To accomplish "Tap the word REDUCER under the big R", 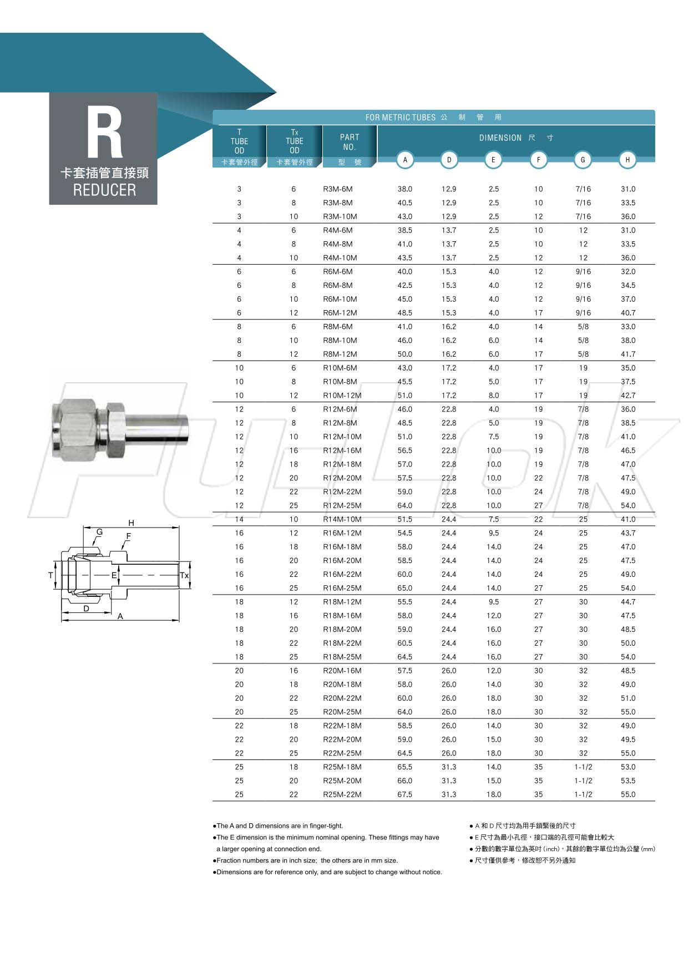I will coord(104,190).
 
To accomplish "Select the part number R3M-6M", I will coord(337,189).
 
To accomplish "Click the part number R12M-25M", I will coord(342,505).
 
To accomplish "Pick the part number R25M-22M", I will coord(342,794).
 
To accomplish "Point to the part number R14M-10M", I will coord(342,519).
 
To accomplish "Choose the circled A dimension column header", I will coord(405,160).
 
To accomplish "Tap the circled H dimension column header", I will coord(627,160).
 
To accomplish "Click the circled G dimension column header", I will coord(583,160).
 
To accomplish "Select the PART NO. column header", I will coord(350,142).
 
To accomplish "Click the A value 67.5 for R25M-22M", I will coord(405,794).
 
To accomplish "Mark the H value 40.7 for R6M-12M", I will coord(628,313).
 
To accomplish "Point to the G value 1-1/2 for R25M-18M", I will coord(583,767).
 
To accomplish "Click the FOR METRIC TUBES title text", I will coord(400,118).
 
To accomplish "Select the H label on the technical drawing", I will coord(131,523).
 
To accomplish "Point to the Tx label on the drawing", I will coord(184,576).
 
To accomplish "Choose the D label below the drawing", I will coord(86,609).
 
